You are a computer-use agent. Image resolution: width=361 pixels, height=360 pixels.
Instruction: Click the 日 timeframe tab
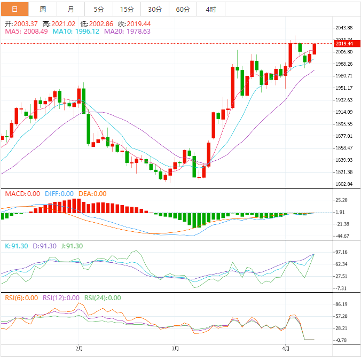[14, 9]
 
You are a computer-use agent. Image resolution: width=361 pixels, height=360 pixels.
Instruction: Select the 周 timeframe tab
[43, 9]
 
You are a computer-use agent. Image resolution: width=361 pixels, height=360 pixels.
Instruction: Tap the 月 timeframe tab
[71, 9]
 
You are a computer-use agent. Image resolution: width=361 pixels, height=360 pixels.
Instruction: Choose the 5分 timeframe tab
[99, 9]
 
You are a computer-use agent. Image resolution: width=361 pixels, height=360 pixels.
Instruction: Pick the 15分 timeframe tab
[127, 9]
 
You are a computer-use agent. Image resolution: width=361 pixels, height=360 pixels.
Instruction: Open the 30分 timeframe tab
[155, 9]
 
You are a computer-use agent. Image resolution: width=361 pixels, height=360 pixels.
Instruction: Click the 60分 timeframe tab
[183, 9]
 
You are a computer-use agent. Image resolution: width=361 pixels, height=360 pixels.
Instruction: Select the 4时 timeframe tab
[211, 9]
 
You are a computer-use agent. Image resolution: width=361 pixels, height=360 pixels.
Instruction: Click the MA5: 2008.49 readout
[27, 32]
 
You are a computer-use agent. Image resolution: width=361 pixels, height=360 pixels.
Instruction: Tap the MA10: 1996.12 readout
[76, 32]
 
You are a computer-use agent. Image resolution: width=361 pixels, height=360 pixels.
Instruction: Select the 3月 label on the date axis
[176, 349]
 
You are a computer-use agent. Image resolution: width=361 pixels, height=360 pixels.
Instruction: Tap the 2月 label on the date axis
[79, 349]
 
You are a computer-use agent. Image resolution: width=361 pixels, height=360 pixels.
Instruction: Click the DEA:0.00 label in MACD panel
[92, 194]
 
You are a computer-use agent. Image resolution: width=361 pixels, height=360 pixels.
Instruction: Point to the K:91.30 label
[15, 246]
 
